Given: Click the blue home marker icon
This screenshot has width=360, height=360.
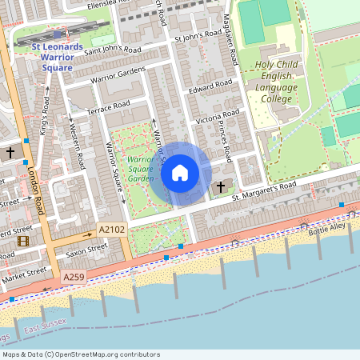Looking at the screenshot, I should click(180, 173).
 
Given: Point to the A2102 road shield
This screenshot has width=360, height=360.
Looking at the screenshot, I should click(112, 230).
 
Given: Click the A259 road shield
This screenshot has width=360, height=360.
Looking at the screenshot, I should click(74, 277).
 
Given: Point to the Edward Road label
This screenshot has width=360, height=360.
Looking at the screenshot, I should click(210, 88).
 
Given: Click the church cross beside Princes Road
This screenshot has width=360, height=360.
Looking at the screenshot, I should click(222, 186).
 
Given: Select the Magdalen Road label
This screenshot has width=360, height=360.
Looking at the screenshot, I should click(230, 44).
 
